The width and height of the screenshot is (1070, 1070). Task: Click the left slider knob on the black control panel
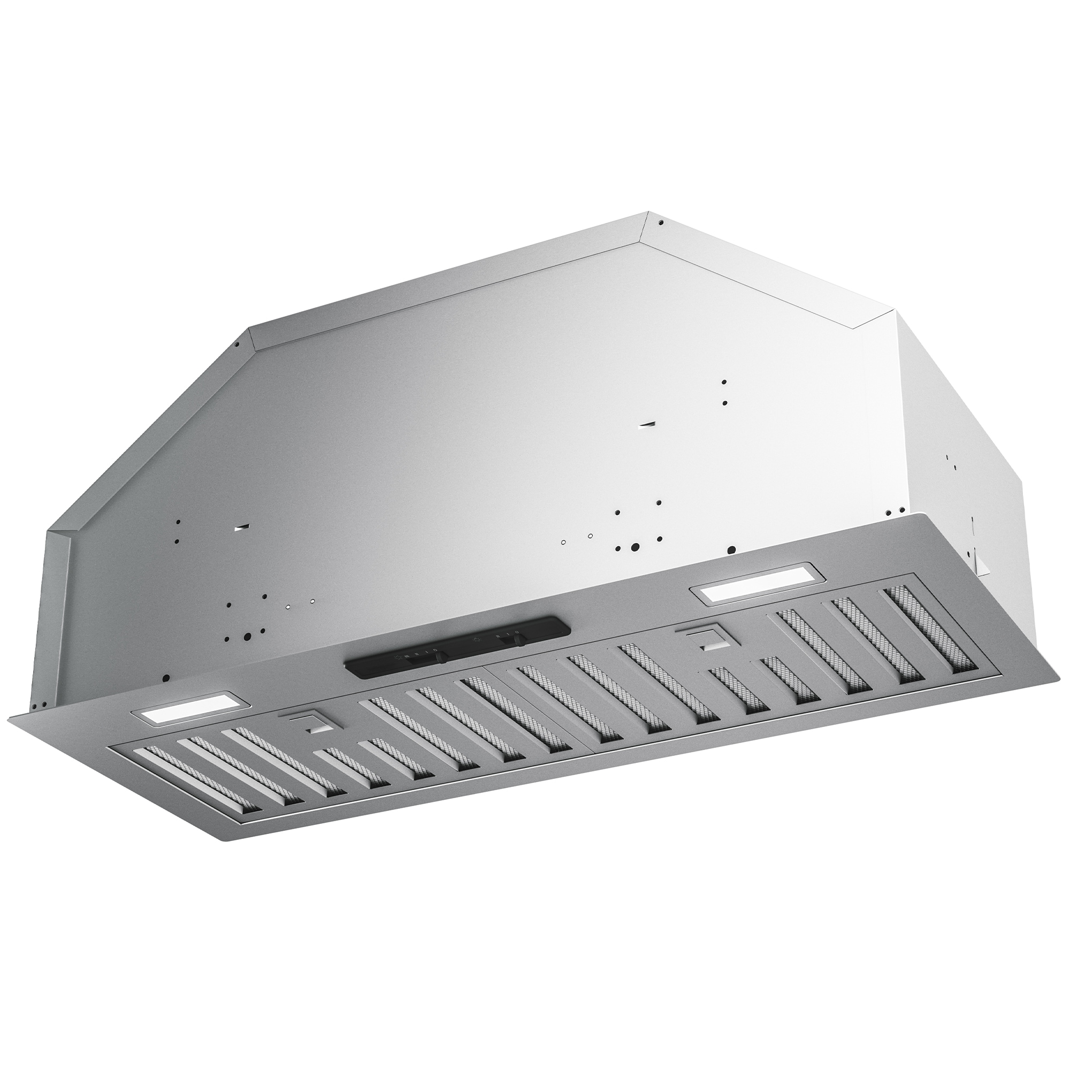(x=442, y=658)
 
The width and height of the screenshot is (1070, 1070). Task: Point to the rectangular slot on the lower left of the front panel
(x=241, y=529)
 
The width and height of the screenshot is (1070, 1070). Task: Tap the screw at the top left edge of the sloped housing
(x=237, y=345)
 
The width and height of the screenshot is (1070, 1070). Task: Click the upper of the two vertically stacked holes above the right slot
(x=724, y=383)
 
